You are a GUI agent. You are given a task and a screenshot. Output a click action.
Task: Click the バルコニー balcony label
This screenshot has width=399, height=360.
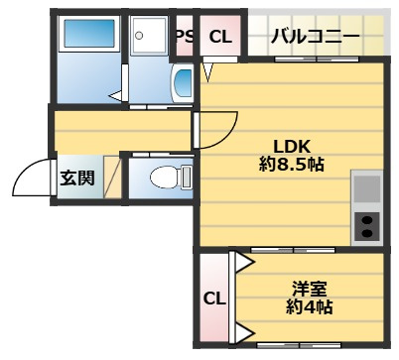(315, 37)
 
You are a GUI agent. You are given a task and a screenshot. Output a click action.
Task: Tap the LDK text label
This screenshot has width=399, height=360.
(292, 147)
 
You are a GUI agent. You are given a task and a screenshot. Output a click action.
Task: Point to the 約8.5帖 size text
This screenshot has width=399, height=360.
(292, 164)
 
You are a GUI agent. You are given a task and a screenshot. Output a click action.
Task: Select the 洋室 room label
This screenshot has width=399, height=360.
(310, 289)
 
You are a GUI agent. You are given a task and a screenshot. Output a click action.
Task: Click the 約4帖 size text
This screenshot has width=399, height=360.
(310, 306)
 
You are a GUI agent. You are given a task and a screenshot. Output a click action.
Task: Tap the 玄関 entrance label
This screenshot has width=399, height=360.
(77, 178)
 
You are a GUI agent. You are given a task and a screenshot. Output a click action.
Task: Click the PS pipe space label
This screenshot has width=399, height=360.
(185, 37)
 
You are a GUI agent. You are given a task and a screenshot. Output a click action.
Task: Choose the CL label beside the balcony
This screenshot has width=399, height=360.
(220, 37)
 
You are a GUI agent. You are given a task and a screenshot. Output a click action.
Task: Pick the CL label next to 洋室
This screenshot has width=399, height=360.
(214, 299)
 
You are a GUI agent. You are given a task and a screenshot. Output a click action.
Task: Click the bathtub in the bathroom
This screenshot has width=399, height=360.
(89, 34)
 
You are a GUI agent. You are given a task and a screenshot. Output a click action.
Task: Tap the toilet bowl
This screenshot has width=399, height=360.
(166, 178)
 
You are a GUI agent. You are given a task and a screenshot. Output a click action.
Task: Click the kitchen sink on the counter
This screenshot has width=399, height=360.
(367, 189)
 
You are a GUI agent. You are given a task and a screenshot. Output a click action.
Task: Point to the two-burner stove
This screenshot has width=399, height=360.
(367, 226)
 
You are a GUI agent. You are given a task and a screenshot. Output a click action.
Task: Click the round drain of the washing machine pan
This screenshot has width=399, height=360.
(139, 35)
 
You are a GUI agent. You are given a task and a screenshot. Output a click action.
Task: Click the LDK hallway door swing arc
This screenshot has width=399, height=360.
(228, 136)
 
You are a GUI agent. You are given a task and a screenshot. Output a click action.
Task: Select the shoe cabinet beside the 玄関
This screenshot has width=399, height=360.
(113, 178)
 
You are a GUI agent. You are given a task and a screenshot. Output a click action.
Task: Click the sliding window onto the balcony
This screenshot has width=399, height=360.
(318, 60)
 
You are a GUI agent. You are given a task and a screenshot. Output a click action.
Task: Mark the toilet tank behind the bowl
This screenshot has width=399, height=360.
(187, 178)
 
